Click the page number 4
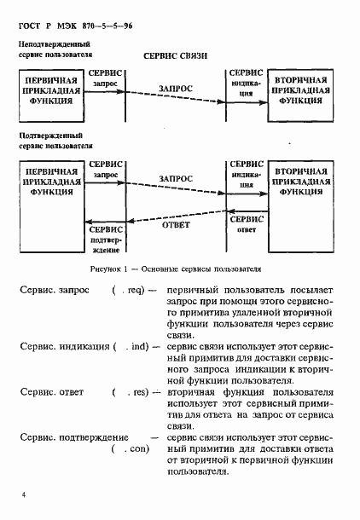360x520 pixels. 24,494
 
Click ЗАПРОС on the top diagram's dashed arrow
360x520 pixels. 176,88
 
